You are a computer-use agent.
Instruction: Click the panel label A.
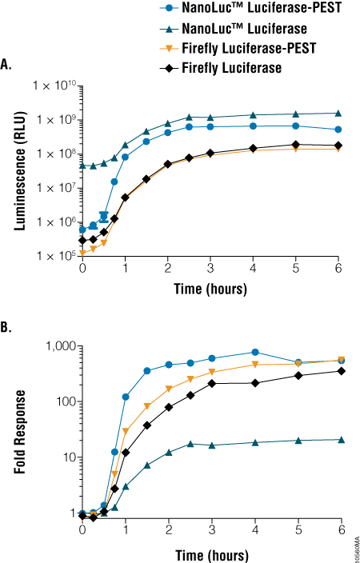click(x=7, y=65)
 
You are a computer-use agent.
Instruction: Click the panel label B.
click(x=7, y=326)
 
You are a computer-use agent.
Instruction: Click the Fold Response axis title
click(x=18, y=429)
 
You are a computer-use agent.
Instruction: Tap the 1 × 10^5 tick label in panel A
click(x=54, y=255)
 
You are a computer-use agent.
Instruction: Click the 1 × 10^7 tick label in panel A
click(x=54, y=187)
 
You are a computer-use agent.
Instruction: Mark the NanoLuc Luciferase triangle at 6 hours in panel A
click(x=339, y=114)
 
